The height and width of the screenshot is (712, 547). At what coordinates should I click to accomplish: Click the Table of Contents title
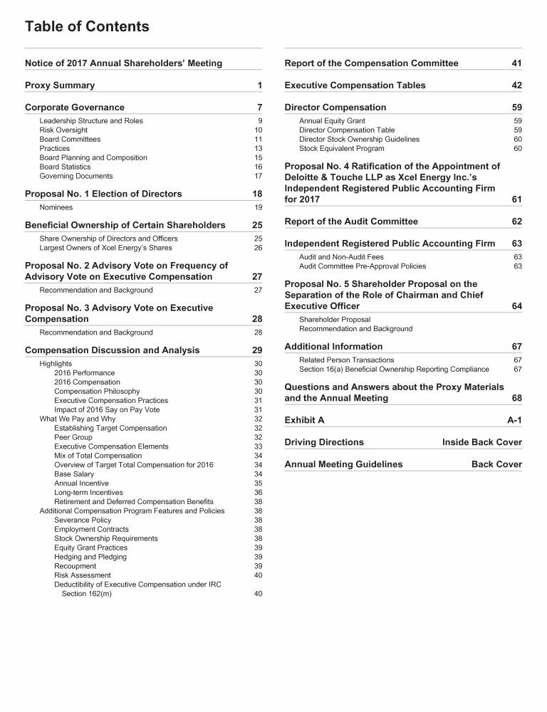[x=87, y=27]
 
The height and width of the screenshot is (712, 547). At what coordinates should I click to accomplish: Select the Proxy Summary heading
[x=60, y=85]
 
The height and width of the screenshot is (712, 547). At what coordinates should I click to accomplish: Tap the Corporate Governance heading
[x=75, y=108]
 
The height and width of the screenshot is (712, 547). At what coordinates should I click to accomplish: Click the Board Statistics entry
[x=65, y=167]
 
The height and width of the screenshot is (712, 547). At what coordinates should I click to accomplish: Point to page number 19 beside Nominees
[x=258, y=208]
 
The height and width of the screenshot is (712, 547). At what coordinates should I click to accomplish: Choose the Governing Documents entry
[x=75, y=177]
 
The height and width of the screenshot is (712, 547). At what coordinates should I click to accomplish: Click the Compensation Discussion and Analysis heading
[x=113, y=350]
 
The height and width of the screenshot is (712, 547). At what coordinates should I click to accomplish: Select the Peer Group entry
[x=73, y=438]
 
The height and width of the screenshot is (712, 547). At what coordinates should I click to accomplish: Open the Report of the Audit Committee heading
[x=351, y=221]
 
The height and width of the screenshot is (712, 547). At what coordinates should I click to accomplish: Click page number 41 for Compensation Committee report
[x=516, y=63]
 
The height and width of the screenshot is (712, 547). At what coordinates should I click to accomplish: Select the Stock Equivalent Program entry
[x=341, y=149]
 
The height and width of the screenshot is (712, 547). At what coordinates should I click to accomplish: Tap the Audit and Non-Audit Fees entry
[x=341, y=257]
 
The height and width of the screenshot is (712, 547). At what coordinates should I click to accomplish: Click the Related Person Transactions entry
[x=346, y=360]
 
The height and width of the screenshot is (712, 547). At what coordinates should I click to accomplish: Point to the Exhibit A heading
[x=304, y=420]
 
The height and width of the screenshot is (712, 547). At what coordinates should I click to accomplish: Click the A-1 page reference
[x=514, y=420]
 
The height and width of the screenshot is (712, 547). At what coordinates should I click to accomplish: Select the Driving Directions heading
[x=324, y=442]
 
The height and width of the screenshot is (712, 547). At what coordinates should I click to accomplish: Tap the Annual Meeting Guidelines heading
[x=343, y=464]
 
